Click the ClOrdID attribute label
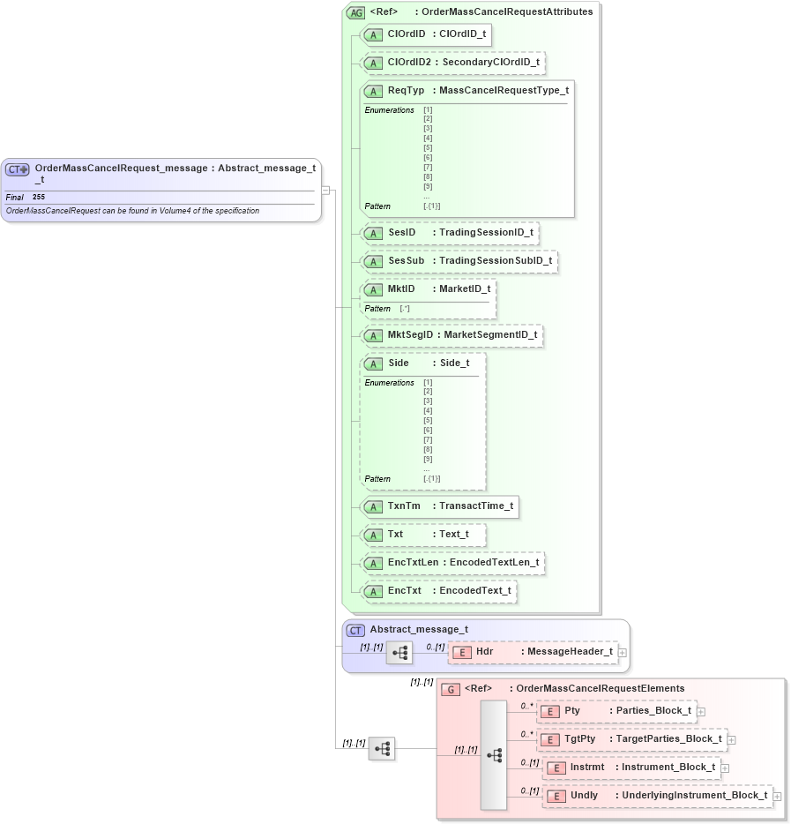[407, 34]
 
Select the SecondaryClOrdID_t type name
[490, 63]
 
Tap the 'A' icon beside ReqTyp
[373, 91]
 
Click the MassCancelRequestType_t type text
[504, 90]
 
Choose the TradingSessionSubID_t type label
[496, 260]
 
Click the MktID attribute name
[401, 288]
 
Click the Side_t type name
[454, 363]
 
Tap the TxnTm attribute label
[404, 506]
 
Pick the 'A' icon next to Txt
[373, 535]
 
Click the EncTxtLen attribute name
[413, 562]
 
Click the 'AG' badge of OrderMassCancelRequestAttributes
[355, 12]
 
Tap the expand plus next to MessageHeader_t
[623, 652]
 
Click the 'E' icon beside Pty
[549, 711]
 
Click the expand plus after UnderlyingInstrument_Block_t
[777, 796]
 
